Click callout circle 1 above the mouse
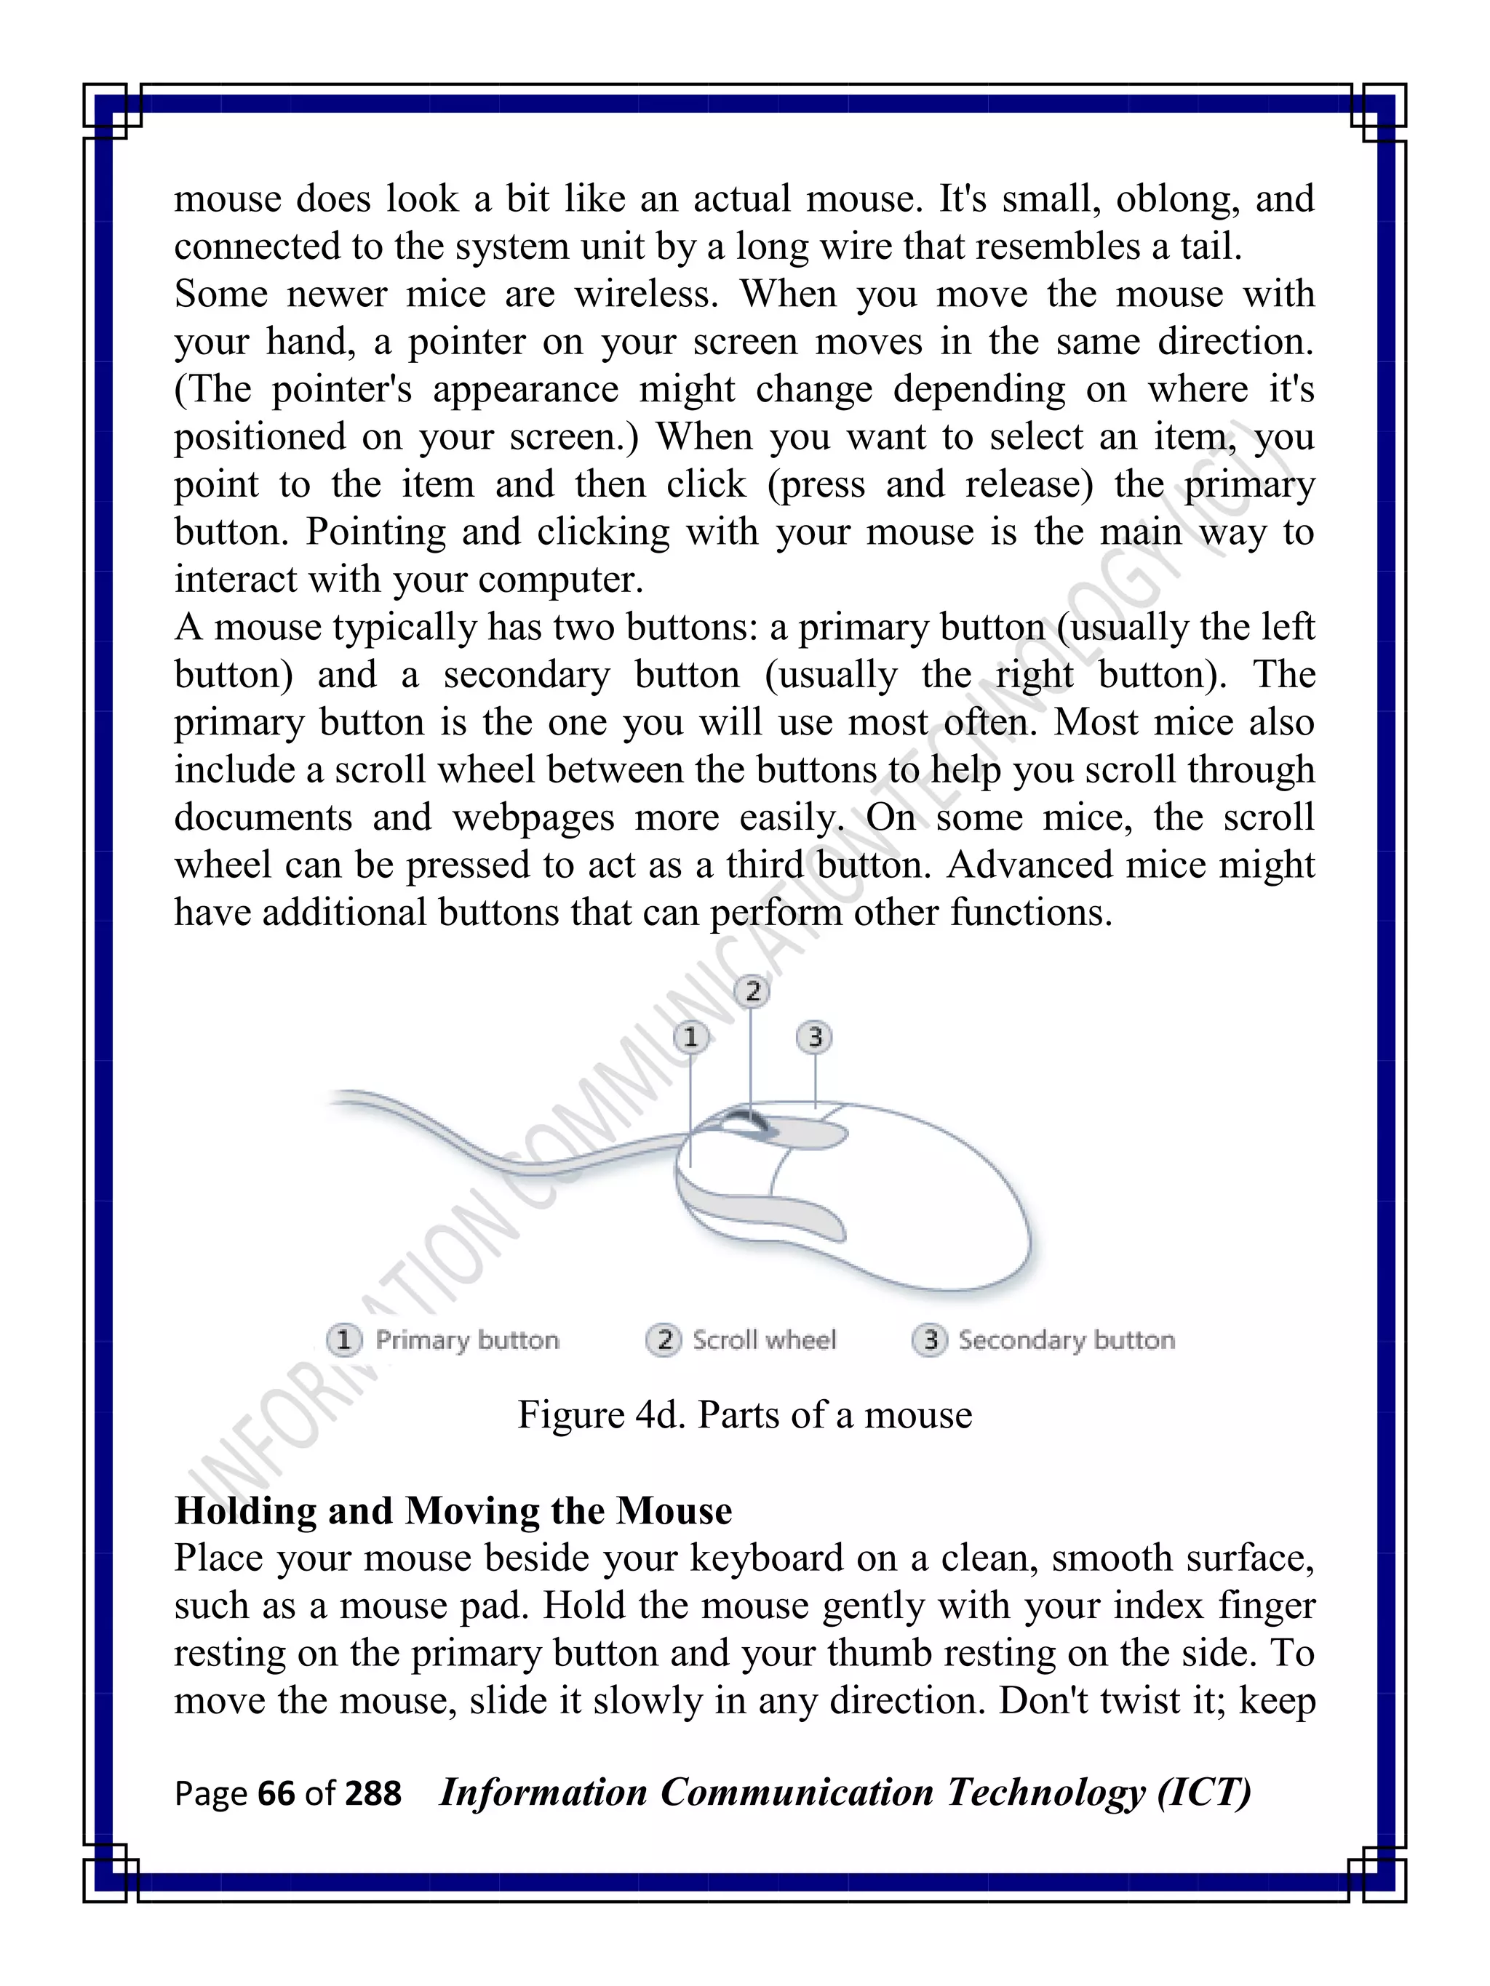click(x=690, y=1037)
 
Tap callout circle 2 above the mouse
click(x=752, y=991)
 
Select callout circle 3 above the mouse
click(x=815, y=1037)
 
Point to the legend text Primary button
click(x=467, y=1340)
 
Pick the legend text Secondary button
click(x=1066, y=1340)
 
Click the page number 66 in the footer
click(x=276, y=1794)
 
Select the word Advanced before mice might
click(x=1030, y=865)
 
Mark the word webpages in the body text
click(x=533, y=817)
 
